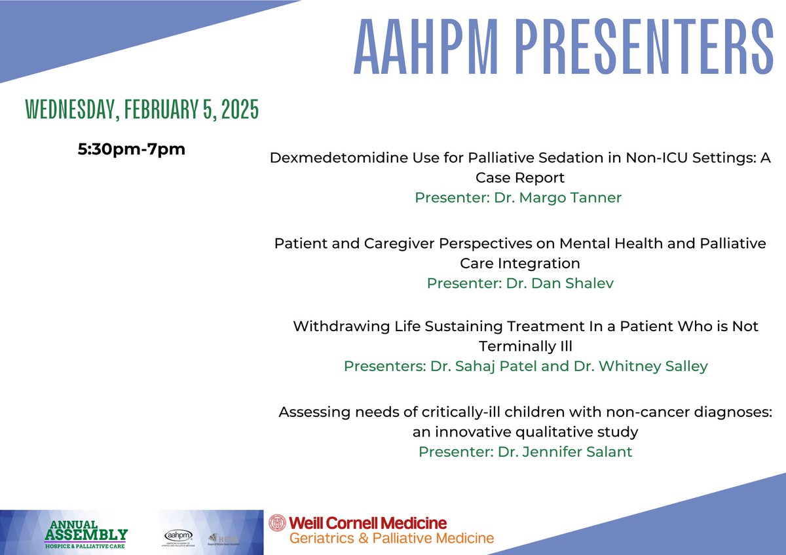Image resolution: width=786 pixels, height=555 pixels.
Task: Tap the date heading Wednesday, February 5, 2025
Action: pyautogui.click(x=141, y=109)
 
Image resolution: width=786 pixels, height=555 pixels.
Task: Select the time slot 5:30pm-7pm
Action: pyautogui.click(x=131, y=149)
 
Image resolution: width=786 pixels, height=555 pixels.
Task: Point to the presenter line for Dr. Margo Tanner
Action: pyautogui.click(x=518, y=197)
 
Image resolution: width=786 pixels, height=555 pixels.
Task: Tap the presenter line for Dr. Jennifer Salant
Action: pyautogui.click(x=525, y=452)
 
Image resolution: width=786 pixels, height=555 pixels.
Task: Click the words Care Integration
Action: pyautogui.click(x=519, y=263)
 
